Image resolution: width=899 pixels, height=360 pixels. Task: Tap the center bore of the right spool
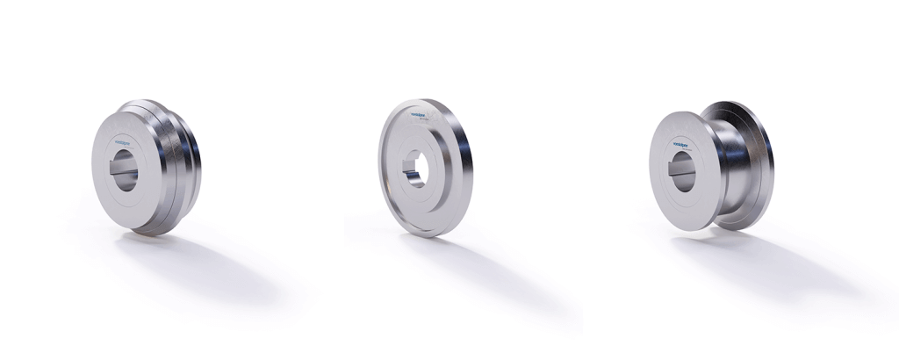[x=682, y=164]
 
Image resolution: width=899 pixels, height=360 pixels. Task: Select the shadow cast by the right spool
[x=764, y=263]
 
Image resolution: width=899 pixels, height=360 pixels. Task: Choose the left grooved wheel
[x=145, y=167]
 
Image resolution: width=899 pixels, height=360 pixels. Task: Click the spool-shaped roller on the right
[x=711, y=167]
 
